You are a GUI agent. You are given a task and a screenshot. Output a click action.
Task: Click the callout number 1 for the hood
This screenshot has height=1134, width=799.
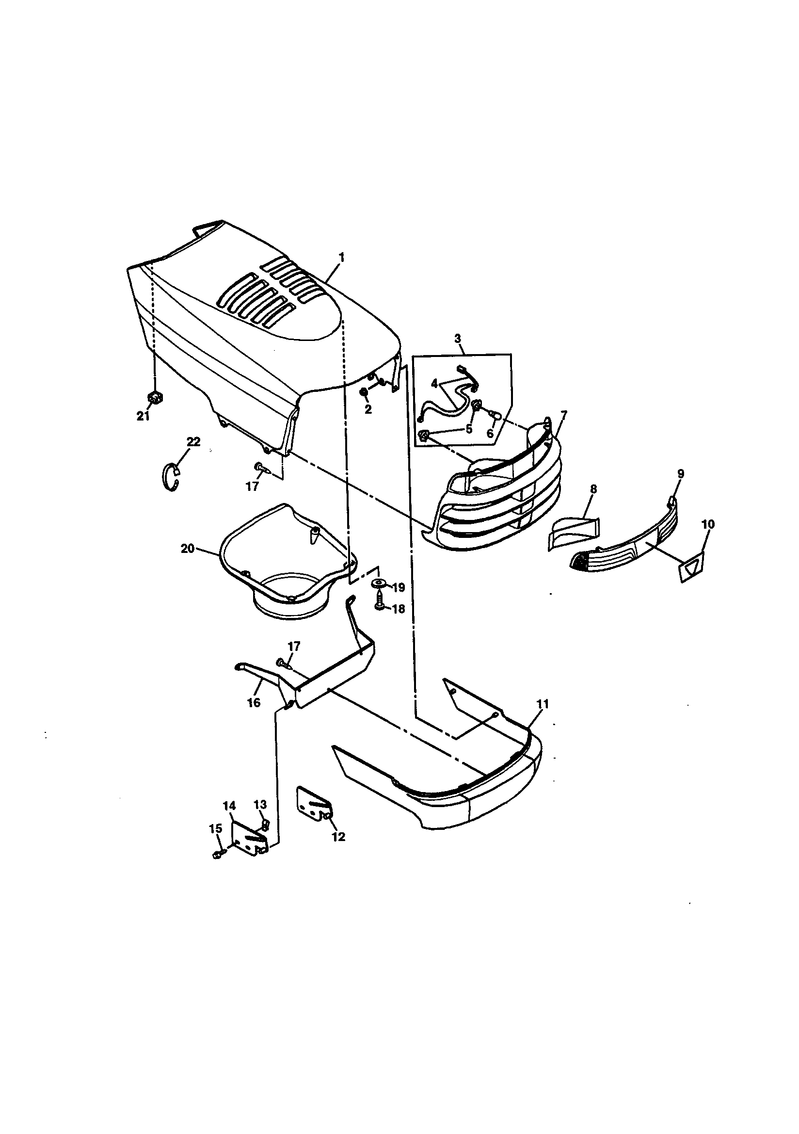341,258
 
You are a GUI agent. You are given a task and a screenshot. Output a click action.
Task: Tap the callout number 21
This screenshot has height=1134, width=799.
143,416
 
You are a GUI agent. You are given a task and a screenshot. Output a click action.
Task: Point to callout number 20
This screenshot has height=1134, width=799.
188,548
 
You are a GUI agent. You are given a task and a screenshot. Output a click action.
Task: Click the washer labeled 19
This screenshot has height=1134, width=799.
378,585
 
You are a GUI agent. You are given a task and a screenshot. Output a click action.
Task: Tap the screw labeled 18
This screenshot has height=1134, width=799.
379,605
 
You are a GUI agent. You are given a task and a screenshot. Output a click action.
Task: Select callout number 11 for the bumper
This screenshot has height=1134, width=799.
543,704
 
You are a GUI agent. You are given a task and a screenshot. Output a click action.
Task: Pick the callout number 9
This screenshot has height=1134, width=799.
681,474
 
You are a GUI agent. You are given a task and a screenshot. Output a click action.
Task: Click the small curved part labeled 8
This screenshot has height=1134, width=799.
573,534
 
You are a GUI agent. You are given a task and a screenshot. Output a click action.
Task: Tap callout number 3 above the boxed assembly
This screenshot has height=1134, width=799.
458,339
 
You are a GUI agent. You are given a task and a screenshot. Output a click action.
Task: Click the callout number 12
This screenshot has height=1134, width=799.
338,836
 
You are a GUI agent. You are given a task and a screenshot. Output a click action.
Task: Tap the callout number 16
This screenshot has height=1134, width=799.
254,702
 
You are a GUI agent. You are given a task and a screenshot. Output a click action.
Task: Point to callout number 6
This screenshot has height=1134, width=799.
490,434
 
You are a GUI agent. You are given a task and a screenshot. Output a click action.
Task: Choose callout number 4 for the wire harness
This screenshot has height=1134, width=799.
434,383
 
